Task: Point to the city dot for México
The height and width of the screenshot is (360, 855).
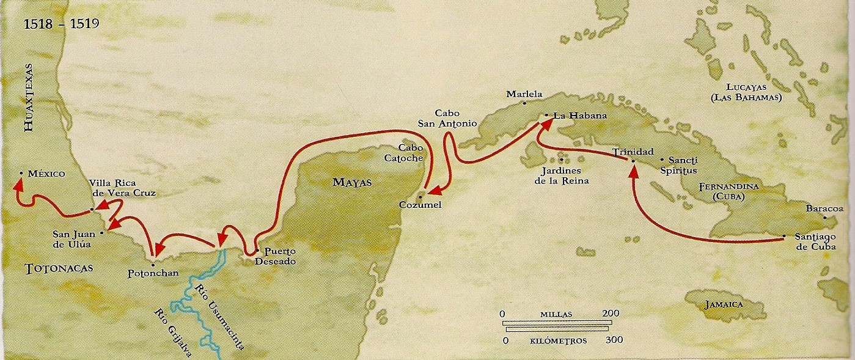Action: pos(21,174)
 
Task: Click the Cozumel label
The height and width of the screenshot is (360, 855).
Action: pos(420,205)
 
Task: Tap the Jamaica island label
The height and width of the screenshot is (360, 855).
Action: pos(723,304)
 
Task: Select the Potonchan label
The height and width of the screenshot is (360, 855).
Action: pos(153,273)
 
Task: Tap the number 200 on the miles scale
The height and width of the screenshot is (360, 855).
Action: pos(611,314)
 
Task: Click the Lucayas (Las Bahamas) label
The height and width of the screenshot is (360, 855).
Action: pos(753,92)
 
